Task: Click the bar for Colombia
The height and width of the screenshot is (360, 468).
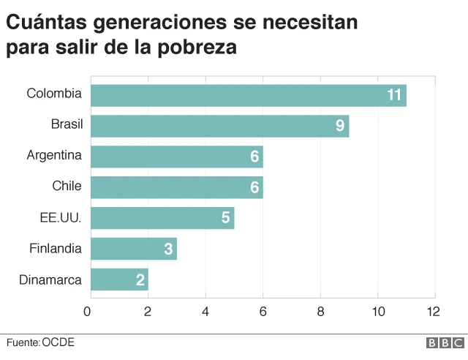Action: click(247, 95)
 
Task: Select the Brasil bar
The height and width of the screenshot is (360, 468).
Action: click(219, 126)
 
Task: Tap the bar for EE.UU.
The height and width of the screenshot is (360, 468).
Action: click(162, 218)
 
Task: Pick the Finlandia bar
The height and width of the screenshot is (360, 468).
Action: click(132, 249)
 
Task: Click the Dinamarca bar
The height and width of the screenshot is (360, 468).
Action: click(118, 280)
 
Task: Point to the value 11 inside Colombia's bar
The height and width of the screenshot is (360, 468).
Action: click(395, 95)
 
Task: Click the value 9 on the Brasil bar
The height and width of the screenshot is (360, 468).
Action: click(340, 126)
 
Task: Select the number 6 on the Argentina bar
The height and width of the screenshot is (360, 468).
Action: click(254, 157)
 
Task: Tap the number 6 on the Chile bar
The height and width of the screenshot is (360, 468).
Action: click(254, 187)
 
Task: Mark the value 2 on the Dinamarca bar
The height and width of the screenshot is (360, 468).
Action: click(140, 280)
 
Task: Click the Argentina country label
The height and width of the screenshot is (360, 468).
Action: click(54, 155)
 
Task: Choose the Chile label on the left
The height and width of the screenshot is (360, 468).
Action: click(67, 186)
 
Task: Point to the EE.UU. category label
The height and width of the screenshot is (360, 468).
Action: click(61, 217)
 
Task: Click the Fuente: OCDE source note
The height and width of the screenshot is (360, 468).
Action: click(40, 342)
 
